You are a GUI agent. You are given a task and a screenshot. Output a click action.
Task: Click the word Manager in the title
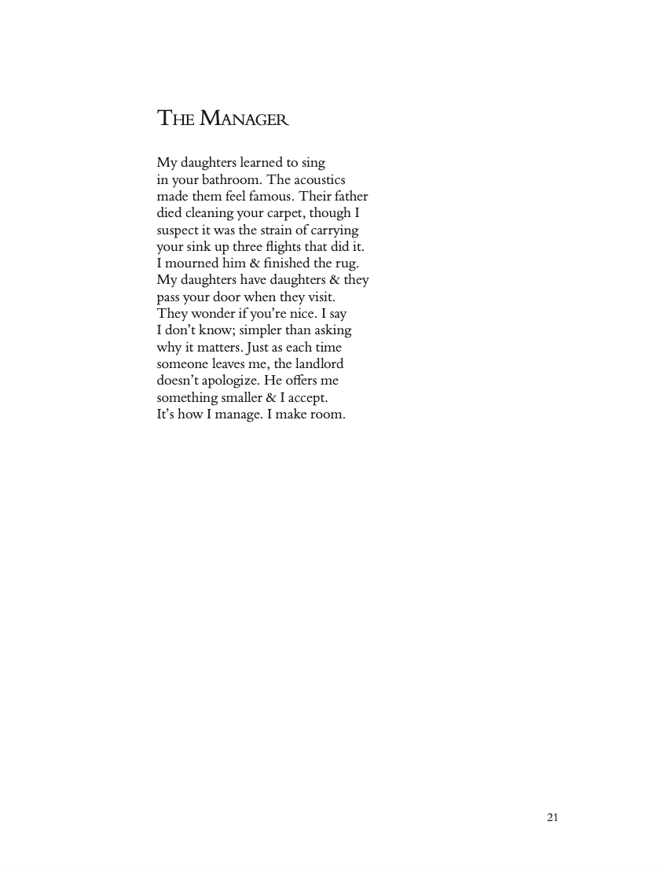tap(244, 120)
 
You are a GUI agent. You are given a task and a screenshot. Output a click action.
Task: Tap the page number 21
tap(552, 817)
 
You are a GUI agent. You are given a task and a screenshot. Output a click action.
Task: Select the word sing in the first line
tap(313, 164)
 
